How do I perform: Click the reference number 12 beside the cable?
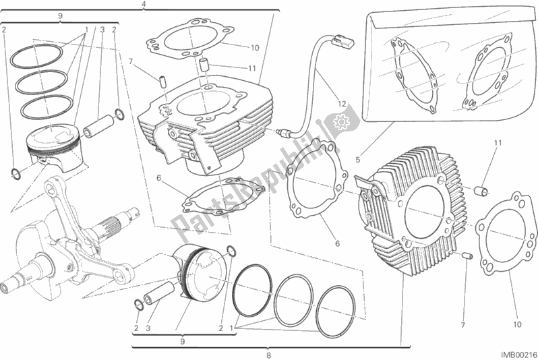342,104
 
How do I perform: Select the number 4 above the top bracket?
144,4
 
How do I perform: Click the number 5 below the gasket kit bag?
358,160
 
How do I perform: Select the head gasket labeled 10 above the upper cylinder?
187,40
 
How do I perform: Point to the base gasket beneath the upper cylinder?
224,197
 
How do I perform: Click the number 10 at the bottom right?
517,324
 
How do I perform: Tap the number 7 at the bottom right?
462,326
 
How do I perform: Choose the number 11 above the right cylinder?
498,143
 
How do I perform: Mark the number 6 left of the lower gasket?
158,178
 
